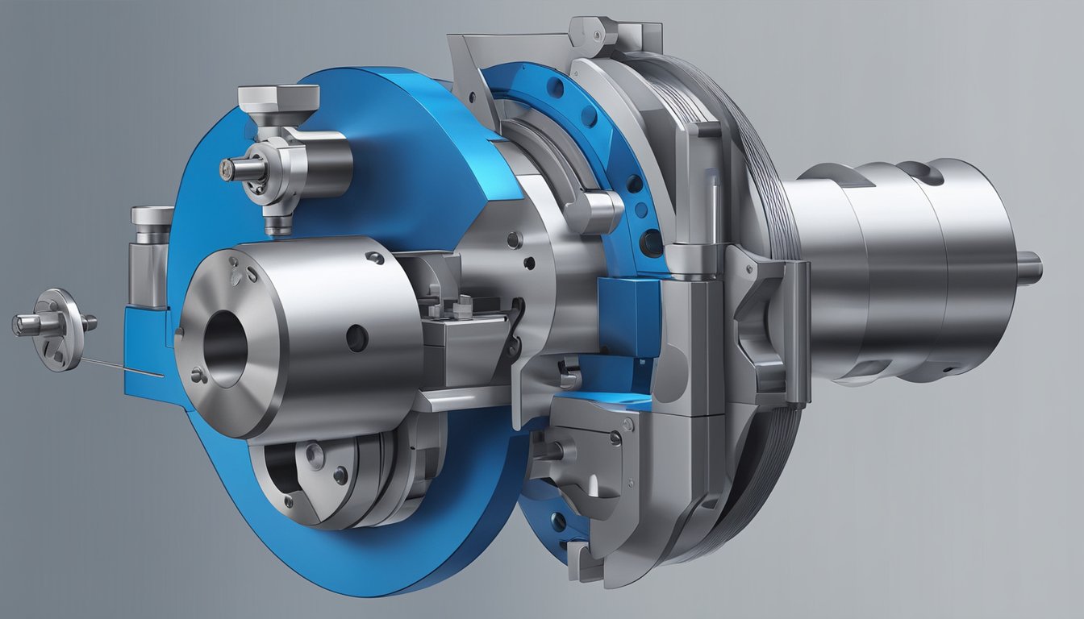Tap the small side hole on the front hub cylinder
356,337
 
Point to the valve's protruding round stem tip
229,168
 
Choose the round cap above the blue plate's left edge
152,216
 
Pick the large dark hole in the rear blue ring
650,243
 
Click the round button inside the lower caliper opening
315,457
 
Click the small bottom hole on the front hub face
197,374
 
